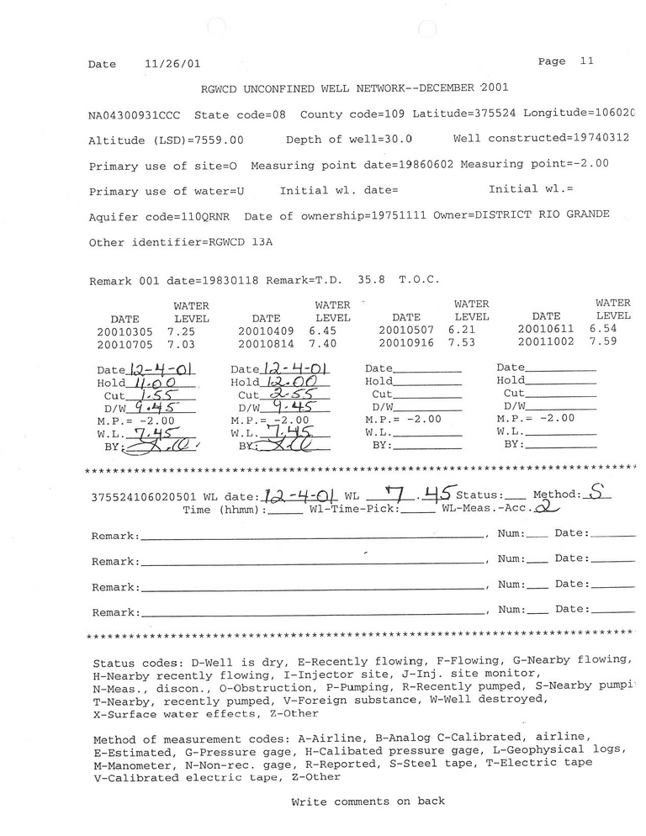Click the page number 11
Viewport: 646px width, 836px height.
click(586, 61)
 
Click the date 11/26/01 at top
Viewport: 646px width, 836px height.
click(172, 64)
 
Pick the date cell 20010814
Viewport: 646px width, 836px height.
click(266, 345)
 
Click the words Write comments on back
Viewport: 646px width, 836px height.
click(368, 802)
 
